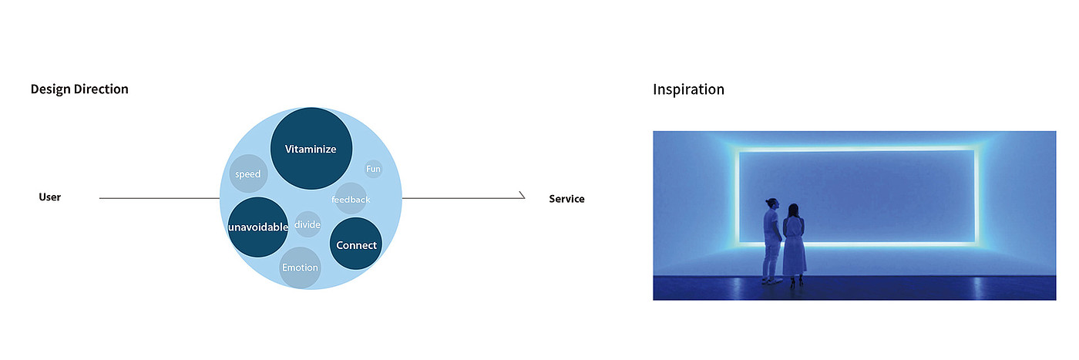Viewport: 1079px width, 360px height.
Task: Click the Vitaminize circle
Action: pyautogui.click(x=311, y=149)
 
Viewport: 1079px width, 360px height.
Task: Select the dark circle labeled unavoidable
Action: pyautogui.click(x=257, y=227)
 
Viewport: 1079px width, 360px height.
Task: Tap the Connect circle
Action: pyautogui.click(x=356, y=244)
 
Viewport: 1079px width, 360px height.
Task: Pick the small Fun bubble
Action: pyautogui.click(x=373, y=169)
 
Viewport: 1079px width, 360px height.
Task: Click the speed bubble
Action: pyautogui.click(x=248, y=173)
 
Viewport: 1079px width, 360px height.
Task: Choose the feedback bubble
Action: pyautogui.click(x=351, y=199)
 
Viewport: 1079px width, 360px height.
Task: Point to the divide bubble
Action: pyautogui.click(x=308, y=224)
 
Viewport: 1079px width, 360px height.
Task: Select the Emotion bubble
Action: pyautogui.click(x=300, y=268)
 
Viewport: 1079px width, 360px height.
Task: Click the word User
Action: pyautogui.click(x=49, y=197)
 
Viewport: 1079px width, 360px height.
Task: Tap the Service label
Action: pyautogui.click(x=566, y=199)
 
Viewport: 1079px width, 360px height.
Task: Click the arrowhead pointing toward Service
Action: pyautogui.click(x=523, y=195)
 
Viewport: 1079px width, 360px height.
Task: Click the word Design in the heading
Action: pyautogui.click(x=51, y=89)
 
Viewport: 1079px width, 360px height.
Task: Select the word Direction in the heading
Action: pyautogui.click(x=101, y=89)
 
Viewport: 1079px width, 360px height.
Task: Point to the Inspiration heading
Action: pyautogui.click(x=688, y=89)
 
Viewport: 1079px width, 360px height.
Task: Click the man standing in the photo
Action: pyautogui.click(x=771, y=241)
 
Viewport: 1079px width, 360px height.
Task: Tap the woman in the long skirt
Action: pyautogui.click(x=794, y=246)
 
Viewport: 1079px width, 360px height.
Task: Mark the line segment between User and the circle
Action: pyautogui.click(x=160, y=198)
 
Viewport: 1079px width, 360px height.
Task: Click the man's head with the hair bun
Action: pyautogui.click(x=771, y=204)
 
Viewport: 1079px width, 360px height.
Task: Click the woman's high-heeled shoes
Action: pyautogui.click(x=797, y=282)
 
